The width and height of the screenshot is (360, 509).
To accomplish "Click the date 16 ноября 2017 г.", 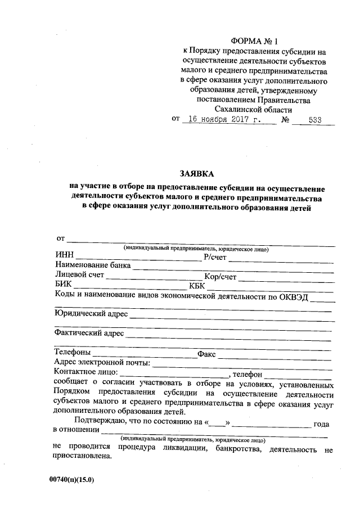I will point(223,120).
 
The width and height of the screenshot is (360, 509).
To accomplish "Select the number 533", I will point(316,120).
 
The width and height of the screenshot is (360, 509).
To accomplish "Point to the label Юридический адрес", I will point(91,313).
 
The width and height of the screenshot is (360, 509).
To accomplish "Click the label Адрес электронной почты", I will point(101,363).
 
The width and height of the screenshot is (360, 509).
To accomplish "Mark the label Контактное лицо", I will point(85,372).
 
